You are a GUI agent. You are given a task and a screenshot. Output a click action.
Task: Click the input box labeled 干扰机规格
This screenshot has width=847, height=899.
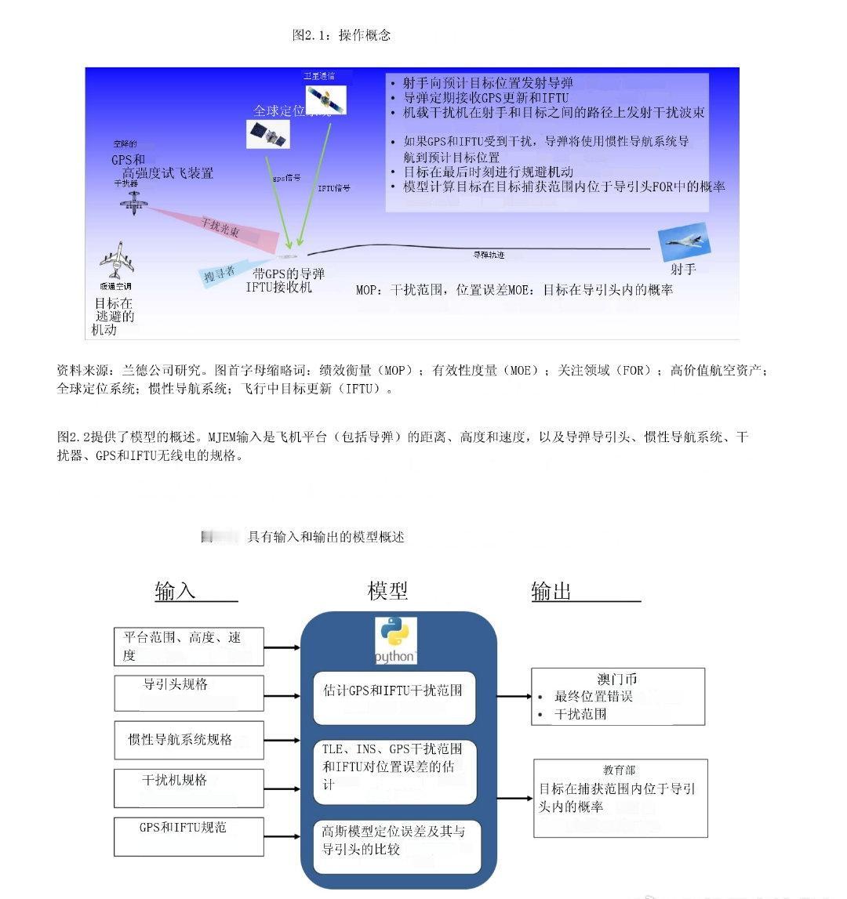coord(188,788)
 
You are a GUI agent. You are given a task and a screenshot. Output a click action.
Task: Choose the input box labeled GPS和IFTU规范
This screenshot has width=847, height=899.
coord(188,836)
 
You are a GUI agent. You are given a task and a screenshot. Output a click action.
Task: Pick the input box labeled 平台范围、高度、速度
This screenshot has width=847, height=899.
coord(188,647)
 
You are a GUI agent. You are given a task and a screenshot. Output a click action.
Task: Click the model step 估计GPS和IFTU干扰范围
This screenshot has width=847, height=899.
coord(394,698)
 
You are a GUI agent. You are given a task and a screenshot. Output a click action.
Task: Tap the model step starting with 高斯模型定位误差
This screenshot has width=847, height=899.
coord(396,846)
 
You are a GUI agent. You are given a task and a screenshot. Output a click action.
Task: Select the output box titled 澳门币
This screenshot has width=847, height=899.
coord(617,696)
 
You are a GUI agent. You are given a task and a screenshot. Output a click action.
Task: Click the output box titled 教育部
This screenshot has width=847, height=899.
coord(620,797)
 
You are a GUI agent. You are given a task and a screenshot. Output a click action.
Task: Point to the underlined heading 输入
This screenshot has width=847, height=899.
coord(176,591)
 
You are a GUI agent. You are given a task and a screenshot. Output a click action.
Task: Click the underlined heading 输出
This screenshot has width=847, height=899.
coord(552,591)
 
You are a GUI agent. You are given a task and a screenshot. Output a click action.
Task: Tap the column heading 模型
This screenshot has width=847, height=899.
coord(387,590)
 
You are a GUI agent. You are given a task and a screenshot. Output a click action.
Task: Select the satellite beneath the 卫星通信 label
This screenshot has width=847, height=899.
coord(325,99)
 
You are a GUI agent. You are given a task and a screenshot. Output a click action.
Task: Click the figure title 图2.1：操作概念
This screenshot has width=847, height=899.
coord(341,35)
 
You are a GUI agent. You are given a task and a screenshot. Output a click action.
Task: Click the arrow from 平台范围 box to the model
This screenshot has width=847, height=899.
coord(282,647)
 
